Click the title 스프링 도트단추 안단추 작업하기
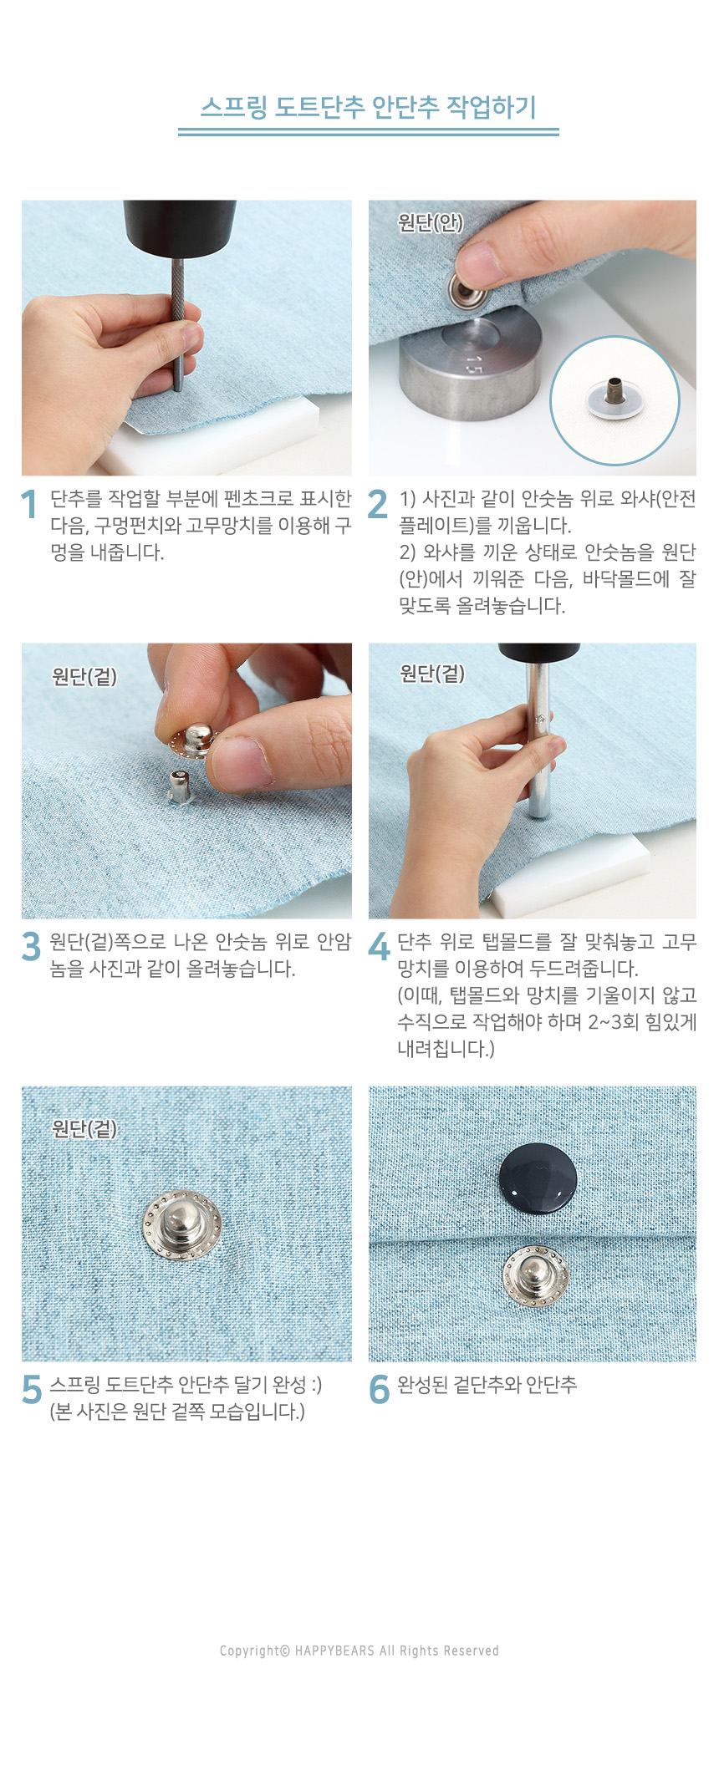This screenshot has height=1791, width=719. point(368,107)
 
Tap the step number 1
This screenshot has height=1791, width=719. point(29,504)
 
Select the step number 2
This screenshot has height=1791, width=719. point(377,504)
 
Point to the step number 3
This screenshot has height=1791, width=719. point(31,947)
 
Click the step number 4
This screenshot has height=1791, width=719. point(379,947)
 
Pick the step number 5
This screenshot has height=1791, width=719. point(31,1390)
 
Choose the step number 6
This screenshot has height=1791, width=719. point(379,1390)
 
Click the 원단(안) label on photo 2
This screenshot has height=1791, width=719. point(431,222)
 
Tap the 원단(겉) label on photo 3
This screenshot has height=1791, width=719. point(84,676)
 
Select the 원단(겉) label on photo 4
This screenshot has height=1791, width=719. point(432,674)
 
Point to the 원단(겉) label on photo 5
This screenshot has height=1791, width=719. point(84,1129)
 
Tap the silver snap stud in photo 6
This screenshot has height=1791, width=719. point(536,1277)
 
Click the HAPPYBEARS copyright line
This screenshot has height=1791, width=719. point(359,1651)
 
